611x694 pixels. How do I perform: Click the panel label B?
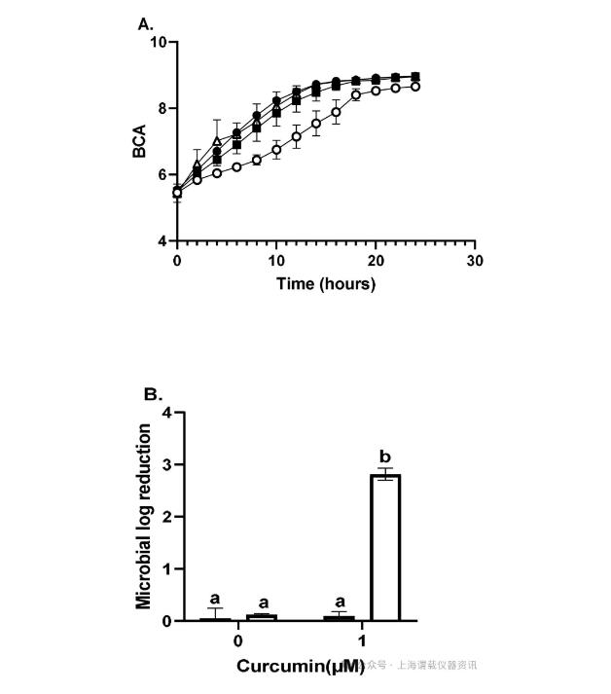pyautogui.click(x=152, y=394)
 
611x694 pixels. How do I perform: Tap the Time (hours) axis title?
pyautogui.click(x=324, y=284)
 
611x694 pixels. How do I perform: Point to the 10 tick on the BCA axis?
pyautogui.click(x=159, y=43)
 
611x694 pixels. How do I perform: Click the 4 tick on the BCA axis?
pyautogui.click(x=162, y=241)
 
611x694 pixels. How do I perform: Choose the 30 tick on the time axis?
pyautogui.click(x=475, y=261)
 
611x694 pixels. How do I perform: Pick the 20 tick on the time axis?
pyautogui.click(x=376, y=261)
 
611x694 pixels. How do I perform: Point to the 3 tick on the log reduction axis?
pyautogui.click(x=166, y=465)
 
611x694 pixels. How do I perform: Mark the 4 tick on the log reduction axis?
pyautogui.click(x=166, y=414)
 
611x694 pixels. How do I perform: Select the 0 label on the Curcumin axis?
pyautogui.click(x=237, y=642)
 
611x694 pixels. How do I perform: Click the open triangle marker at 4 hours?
pyautogui.click(x=217, y=142)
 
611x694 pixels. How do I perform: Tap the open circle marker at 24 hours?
pyautogui.click(x=415, y=87)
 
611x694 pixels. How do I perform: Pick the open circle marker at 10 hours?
pyautogui.click(x=276, y=150)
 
